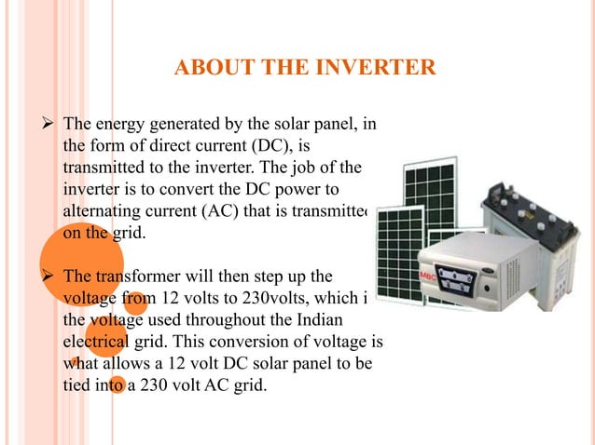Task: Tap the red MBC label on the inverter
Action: pos(427,276)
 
